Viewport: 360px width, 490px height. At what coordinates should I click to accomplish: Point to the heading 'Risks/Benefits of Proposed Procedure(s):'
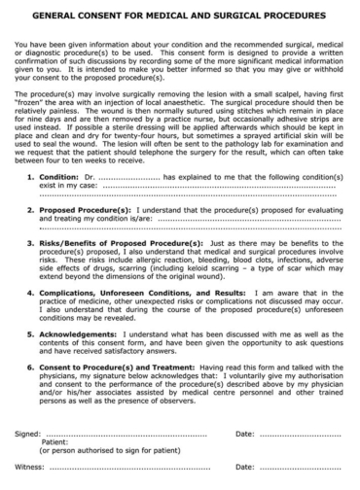tap(122, 241)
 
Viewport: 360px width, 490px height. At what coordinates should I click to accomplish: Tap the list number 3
tap(31, 241)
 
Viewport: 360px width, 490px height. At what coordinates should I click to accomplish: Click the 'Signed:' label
tap(28, 433)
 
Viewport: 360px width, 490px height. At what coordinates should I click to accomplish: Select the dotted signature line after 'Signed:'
tap(131, 433)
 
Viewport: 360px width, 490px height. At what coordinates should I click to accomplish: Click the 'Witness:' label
tap(30, 467)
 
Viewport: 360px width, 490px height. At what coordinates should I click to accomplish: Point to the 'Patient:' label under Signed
tap(54, 441)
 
